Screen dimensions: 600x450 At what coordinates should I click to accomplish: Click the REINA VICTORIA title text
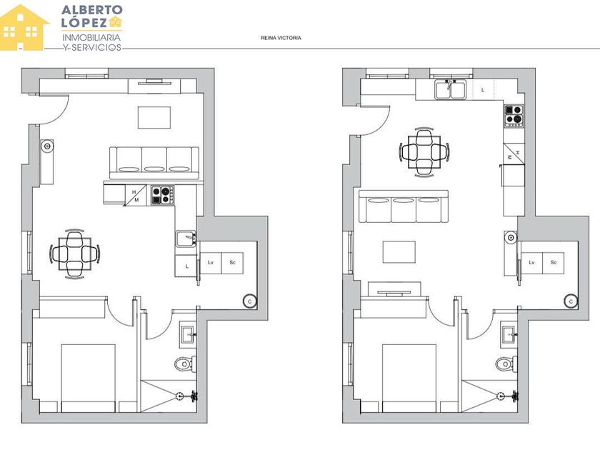coord(281,38)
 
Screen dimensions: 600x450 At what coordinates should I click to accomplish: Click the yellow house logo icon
coord(24,28)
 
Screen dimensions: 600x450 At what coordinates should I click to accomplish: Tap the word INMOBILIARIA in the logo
coord(91,37)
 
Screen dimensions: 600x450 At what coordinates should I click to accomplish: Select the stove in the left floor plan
coord(163,195)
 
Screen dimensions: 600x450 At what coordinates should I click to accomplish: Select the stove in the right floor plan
coord(514,116)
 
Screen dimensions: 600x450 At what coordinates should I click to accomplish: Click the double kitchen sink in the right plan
coord(451,89)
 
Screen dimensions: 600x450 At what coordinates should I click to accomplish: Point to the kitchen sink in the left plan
coord(186,239)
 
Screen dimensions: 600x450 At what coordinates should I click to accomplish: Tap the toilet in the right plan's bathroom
coord(506,363)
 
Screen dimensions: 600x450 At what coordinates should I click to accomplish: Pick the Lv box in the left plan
coord(211,264)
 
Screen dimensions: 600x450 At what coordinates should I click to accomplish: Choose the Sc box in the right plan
coord(553,264)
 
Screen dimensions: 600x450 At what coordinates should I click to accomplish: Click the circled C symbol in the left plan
coord(249,301)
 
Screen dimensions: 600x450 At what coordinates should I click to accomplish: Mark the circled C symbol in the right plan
coord(571,301)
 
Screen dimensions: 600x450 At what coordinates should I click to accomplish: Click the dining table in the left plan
coord(74,254)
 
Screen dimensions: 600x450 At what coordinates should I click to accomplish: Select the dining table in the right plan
coord(424,152)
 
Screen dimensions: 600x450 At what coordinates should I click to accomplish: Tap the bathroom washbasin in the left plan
coord(189,335)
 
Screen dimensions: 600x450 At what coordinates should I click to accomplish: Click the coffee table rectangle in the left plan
coord(154,118)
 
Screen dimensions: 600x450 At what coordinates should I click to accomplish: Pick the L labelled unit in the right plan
coord(484,90)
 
